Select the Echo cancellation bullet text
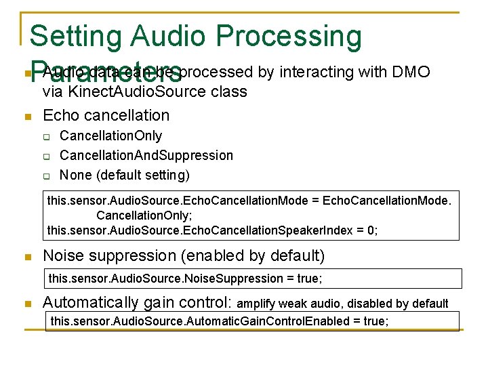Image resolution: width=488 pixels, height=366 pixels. coord(106,115)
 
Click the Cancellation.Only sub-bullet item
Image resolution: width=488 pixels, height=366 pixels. coord(110,136)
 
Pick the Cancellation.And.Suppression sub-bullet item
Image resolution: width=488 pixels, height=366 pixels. coord(146,156)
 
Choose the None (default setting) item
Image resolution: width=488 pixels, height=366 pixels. coord(125,175)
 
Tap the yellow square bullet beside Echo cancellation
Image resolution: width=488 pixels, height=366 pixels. coord(27,117)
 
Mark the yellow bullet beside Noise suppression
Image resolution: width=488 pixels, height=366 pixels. coord(27,257)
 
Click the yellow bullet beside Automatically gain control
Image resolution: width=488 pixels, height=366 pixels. coord(27,304)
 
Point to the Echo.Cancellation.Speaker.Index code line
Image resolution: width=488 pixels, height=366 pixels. coord(211,230)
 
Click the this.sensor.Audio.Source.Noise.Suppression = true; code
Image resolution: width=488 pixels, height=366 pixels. coord(185,279)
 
